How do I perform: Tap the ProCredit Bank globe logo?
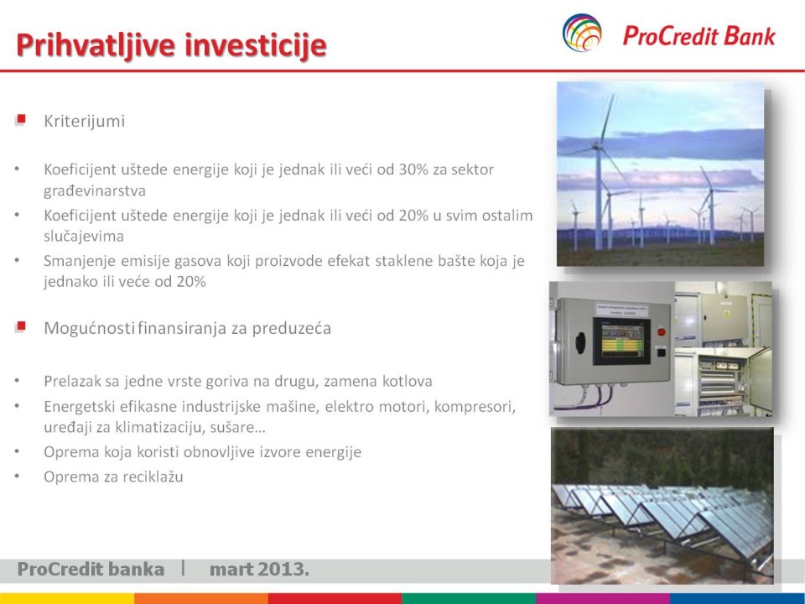pyautogui.click(x=582, y=33)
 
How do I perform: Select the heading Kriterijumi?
pyautogui.click(x=84, y=121)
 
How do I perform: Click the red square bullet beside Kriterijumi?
pyautogui.click(x=20, y=120)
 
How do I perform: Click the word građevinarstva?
pyautogui.click(x=95, y=190)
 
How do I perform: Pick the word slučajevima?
pyautogui.click(x=84, y=237)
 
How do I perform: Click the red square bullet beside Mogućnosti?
pyautogui.click(x=20, y=326)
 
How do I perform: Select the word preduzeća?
pyautogui.click(x=291, y=328)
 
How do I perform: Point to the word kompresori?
pyautogui.click(x=475, y=406)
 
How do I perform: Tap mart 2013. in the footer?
pyautogui.click(x=259, y=569)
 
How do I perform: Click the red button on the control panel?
pyautogui.click(x=662, y=332)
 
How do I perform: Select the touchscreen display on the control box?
pyautogui.click(x=621, y=341)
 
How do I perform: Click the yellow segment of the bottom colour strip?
pyautogui.click(x=67, y=599)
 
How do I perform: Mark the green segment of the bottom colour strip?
pyautogui.click(x=470, y=599)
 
